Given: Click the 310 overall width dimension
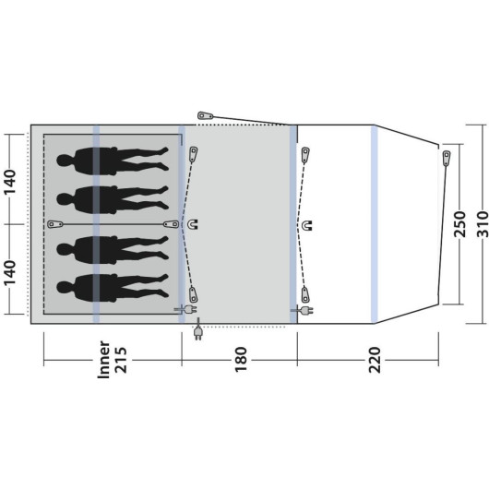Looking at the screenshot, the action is point(483,224).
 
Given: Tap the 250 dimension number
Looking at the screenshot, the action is point(459,224).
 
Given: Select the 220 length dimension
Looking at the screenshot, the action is point(375,360).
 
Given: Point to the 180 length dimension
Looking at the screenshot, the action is point(241,360).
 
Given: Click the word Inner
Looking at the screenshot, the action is point(103,360).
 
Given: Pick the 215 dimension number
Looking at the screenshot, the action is point(121,360).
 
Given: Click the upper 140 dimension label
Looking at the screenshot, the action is point(9,182).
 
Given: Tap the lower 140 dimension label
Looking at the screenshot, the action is point(9,272).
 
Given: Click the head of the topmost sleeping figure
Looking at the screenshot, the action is point(65,161).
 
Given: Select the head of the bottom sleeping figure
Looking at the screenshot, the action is point(65,288).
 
